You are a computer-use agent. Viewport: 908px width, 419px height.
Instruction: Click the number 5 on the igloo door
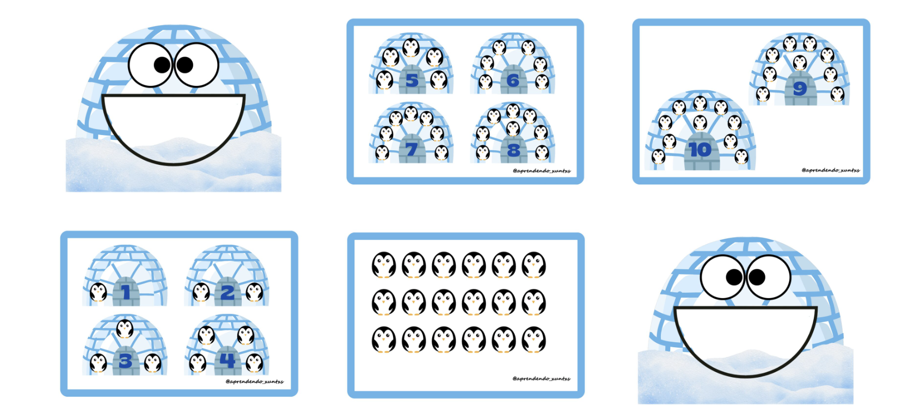tap(412, 80)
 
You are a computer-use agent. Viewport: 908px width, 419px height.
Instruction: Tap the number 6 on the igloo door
tap(513, 80)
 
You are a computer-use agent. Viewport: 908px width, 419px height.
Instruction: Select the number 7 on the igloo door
tap(412, 150)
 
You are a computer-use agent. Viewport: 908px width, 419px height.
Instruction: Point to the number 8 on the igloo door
tap(513, 150)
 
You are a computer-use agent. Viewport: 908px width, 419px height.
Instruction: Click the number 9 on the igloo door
tap(800, 88)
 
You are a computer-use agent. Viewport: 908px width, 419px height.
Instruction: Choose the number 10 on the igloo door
tap(700, 150)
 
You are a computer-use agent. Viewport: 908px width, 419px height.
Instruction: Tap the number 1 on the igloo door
tap(126, 292)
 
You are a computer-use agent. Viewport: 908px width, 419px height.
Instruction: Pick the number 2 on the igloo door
tap(228, 292)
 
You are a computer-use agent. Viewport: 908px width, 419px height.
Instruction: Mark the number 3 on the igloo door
tap(125, 361)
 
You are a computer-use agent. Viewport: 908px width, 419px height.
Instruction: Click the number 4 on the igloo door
tap(228, 360)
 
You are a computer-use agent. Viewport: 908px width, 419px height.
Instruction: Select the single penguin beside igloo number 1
tap(98, 292)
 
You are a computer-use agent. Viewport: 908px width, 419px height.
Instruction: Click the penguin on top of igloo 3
tap(125, 329)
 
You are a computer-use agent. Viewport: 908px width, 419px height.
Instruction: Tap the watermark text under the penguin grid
tap(541, 379)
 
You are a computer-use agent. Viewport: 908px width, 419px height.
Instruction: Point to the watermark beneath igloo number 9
tap(831, 170)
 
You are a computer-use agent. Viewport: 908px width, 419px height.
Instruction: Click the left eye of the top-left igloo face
tap(151, 65)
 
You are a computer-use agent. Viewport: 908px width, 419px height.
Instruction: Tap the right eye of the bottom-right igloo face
tap(768, 277)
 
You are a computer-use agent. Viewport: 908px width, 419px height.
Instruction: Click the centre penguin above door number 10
tap(700, 122)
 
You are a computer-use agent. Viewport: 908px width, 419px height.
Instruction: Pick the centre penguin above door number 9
tap(800, 63)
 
